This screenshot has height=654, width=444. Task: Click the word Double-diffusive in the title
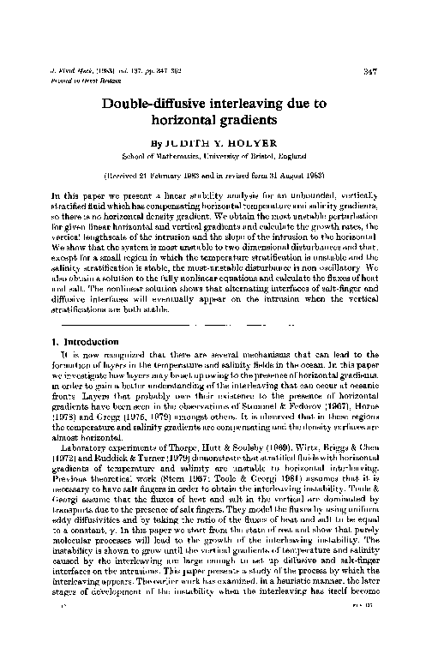coord(176,105)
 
